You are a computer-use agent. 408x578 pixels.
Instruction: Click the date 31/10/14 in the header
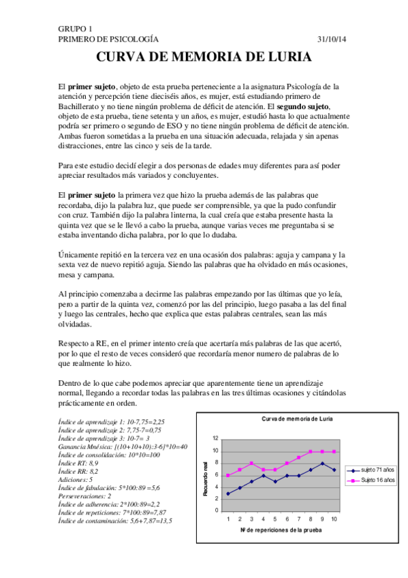tap(332, 40)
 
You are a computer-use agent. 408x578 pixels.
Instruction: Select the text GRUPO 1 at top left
tap(76, 29)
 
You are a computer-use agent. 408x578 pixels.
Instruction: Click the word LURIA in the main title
tap(287, 59)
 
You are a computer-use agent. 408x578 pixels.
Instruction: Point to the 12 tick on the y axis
tap(215, 438)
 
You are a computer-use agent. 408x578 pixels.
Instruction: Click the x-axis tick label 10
tap(334, 519)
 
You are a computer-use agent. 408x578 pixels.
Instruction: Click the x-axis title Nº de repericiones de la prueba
tap(281, 530)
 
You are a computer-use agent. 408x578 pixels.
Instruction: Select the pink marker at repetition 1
tap(227, 475)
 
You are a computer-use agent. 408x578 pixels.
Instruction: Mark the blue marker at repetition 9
tap(322, 463)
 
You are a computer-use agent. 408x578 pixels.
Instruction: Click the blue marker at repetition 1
tap(227, 493)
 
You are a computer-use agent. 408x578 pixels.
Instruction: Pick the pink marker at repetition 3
tap(251, 463)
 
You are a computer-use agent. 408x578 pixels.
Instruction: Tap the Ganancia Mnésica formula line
tap(123, 446)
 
